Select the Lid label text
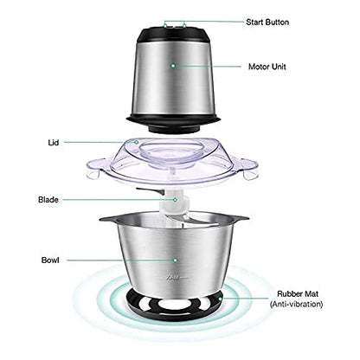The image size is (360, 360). pyautogui.click(x=54, y=141)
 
